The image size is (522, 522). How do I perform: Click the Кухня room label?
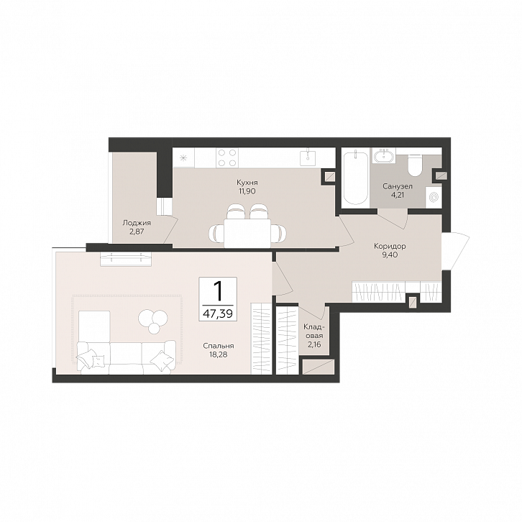[x=247, y=183]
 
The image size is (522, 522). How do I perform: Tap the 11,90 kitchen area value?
[x=247, y=191]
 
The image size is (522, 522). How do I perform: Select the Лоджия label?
[x=137, y=223]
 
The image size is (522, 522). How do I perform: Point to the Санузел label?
[x=398, y=186]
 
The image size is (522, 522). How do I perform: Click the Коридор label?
[x=390, y=247]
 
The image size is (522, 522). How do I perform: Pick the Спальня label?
[x=219, y=347]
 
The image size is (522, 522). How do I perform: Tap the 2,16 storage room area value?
[x=314, y=344]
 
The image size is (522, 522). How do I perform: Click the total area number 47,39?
[x=218, y=313]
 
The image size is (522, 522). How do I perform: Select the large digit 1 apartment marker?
[x=218, y=290]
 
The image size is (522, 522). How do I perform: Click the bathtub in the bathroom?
[x=355, y=178]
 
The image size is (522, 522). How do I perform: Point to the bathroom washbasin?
[x=384, y=155]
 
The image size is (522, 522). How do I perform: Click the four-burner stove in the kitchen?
[x=227, y=157]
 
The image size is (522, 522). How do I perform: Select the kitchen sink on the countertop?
[x=309, y=157]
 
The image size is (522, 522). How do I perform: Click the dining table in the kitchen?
[x=247, y=233]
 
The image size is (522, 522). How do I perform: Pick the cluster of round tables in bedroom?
[x=153, y=320]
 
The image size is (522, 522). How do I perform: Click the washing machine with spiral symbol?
[x=434, y=198]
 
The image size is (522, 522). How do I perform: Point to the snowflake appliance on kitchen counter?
[x=183, y=157]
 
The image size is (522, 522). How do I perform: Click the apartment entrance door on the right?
[x=455, y=249]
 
